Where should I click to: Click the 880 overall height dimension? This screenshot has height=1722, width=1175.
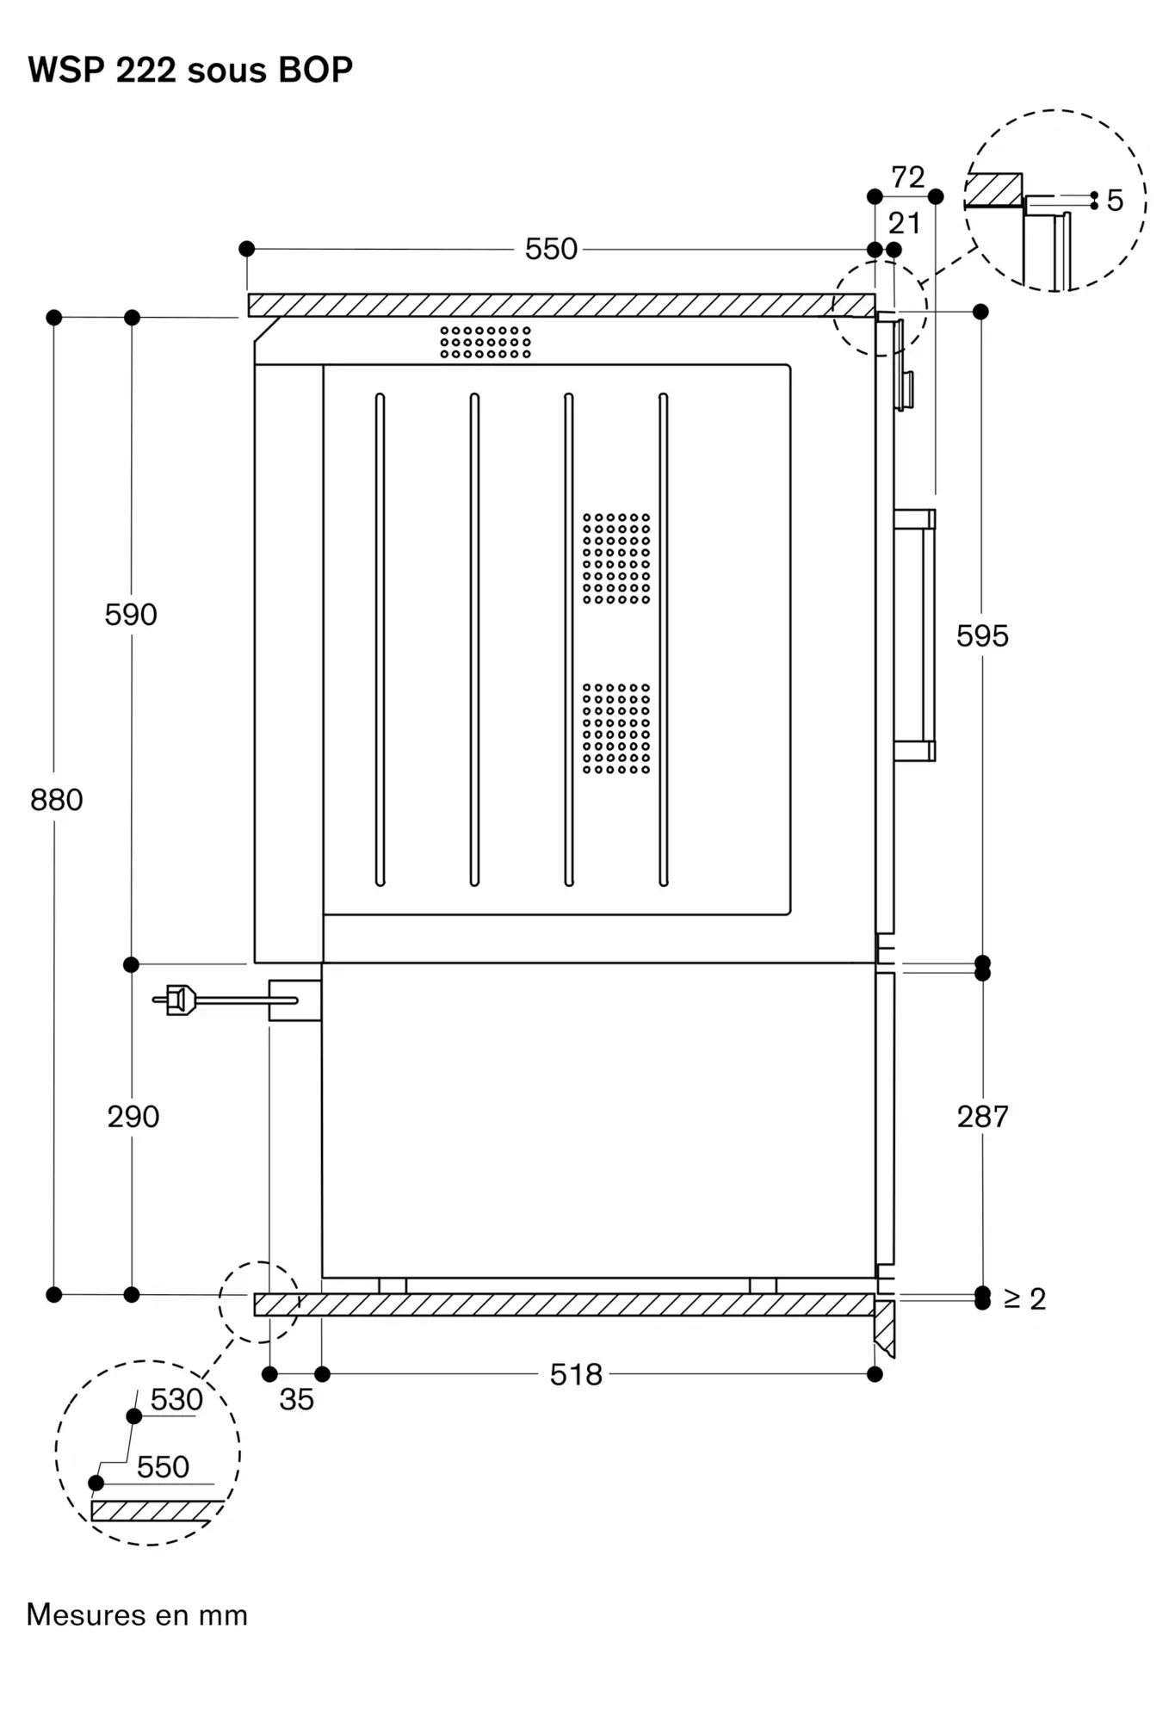(x=57, y=800)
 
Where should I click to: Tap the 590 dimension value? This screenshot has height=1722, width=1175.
(x=131, y=615)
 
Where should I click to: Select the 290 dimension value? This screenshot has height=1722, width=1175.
(x=133, y=1117)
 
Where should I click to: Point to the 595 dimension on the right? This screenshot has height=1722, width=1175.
(x=982, y=636)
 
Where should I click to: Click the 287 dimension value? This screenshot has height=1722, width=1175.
(x=982, y=1117)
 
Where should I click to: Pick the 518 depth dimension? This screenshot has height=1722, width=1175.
(x=576, y=1375)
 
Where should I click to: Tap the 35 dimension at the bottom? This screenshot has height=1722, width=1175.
(x=296, y=1400)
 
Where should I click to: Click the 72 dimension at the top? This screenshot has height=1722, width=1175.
(x=907, y=177)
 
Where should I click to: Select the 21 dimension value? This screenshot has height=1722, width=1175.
(x=904, y=224)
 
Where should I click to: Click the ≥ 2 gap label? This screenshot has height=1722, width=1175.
(x=1024, y=1299)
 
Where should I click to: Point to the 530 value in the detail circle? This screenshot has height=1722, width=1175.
(x=176, y=1400)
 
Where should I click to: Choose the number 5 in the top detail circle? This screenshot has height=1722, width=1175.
(x=1115, y=201)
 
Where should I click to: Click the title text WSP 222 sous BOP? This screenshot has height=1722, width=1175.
(x=190, y=70)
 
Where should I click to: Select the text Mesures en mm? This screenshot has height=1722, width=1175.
(x=137, y=1615)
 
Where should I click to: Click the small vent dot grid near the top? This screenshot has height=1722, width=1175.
(x=485, y=342)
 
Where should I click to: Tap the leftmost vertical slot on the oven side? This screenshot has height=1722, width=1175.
(x=380, y=640)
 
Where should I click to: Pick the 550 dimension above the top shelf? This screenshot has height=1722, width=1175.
(x=551, y=250)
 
